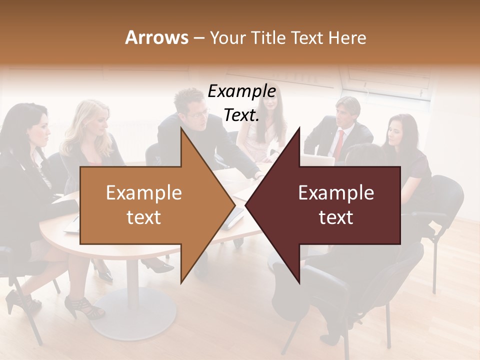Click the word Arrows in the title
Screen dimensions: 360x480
[156, 37]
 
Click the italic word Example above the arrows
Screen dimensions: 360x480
[241, 91]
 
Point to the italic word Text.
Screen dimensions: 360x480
[241, 115]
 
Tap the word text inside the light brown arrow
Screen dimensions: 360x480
[143, 217]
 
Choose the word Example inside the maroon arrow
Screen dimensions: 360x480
[336, 193]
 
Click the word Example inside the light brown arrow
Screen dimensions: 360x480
[143, 193]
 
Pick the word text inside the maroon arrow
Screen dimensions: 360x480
[336, 217]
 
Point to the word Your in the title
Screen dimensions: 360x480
[227, 37]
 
